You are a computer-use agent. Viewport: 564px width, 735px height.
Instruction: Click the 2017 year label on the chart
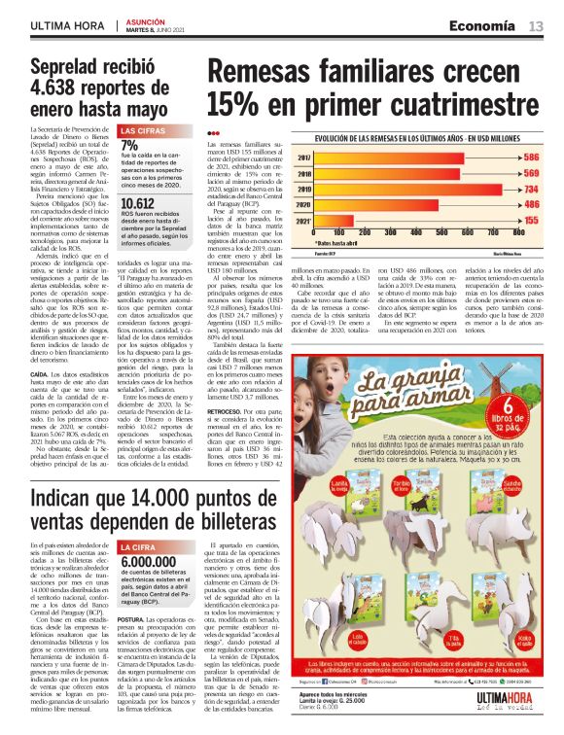click(303, 157)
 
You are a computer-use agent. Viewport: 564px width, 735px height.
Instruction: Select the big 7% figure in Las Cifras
click(129, 144)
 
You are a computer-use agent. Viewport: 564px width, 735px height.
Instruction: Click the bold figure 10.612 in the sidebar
click(136, 203)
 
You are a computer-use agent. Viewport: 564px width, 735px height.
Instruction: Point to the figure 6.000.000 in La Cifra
click(149, 561)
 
